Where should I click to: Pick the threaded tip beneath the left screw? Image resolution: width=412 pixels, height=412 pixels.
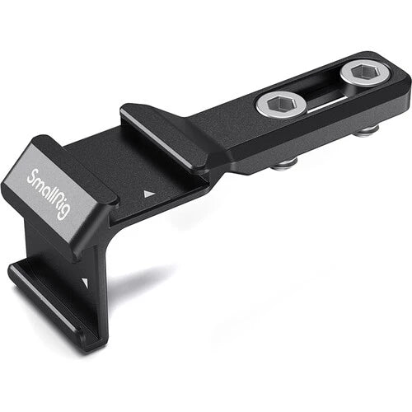coord(284,164)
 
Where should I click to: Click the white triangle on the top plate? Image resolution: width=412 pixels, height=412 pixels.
coord(149,194)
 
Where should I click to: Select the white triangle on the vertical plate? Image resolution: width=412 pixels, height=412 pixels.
coord(86,282)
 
